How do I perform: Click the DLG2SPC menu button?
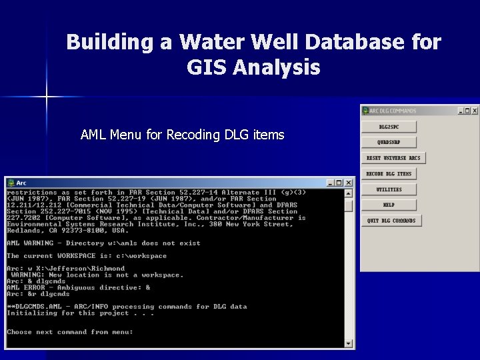click(389, 127)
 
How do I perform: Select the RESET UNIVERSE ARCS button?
click(393, 158)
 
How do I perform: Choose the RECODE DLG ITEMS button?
click(389, 174)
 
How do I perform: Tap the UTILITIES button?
click(389, 189)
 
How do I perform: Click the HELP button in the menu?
click(389, 205)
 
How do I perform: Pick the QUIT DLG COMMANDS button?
click(391, 221)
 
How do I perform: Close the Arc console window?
click(349, 183)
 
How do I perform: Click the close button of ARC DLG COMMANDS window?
click(473, 111)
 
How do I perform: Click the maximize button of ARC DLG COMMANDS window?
click(467, 111)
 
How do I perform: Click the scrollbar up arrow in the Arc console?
click(348, 193)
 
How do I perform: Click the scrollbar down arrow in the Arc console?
click(348, 343)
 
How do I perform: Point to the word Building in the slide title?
click(111, 43)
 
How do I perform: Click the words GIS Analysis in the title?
click(253, 67)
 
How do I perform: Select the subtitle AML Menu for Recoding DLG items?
click(182, 135)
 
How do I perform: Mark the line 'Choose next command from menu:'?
click(69, 332)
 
